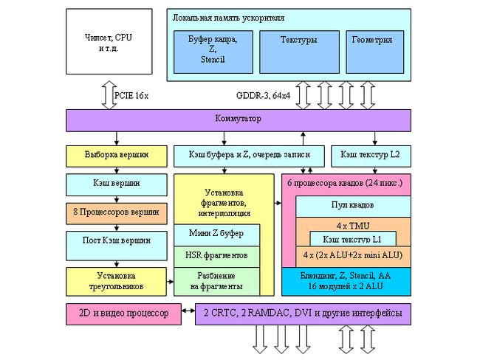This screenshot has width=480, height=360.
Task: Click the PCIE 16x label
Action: coord(131,95)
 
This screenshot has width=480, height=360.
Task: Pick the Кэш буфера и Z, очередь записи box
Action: coord(249,155)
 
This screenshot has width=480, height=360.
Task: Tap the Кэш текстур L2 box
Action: coord(371,155)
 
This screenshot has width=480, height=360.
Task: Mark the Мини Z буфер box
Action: coord(217,235)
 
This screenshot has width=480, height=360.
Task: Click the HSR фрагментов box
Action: coord(217,256)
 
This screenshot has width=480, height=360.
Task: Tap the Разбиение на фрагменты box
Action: coord(217,280)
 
